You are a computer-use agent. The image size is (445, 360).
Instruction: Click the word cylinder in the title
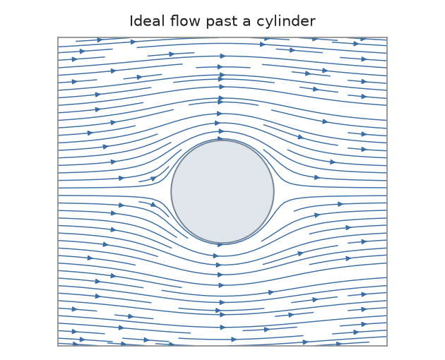[286, 22]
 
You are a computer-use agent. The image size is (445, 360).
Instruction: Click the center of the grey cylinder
[222, 191]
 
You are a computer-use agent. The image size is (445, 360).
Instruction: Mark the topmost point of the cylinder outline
[222, 140]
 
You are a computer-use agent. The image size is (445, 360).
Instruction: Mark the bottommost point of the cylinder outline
[222, 243]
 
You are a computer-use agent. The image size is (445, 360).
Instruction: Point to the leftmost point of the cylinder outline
[171, 191]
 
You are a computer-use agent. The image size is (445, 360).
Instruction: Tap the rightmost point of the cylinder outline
[274, 191]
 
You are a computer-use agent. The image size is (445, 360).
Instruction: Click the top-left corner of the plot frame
[58, 37]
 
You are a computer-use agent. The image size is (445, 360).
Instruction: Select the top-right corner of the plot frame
[387, 37]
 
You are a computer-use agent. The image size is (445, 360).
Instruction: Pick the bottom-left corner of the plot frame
[58, 346]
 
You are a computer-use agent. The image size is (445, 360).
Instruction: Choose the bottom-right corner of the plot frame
[387, 346]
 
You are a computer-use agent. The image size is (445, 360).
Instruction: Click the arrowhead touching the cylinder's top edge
[220, 138]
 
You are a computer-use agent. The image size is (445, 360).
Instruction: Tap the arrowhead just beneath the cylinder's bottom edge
[220, 245]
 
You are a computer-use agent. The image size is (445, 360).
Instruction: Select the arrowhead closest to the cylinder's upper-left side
[153, 179]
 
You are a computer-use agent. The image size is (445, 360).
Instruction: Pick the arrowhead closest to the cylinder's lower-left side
[153, 204]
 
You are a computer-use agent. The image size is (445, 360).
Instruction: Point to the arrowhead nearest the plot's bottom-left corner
[76, 344]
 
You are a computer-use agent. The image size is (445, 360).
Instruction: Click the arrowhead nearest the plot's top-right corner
[364, 39]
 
